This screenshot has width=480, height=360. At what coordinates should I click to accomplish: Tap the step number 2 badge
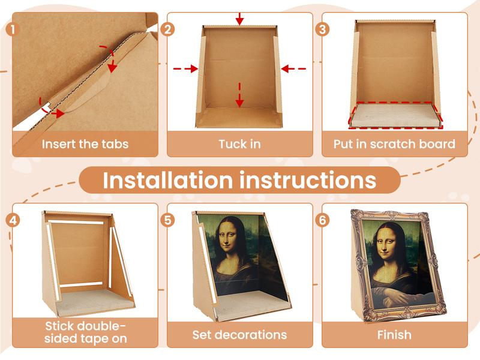pyautogui.click(x=169, y=29)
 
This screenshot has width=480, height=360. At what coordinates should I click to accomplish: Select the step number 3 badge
pyautogui.click(x=323, y=29)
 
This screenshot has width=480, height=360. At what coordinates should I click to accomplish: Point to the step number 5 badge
pyautogui.click(x=169, y=220)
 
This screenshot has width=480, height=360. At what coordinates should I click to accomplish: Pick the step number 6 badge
pyautogui.click(x=323, y=220)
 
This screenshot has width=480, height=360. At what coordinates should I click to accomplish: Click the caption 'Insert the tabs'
pyautogui.click(x=85, y=144)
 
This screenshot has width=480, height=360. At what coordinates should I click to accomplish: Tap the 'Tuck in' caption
pyautogui.click(x=239, y=144)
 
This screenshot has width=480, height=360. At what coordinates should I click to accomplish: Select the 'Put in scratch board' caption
pyautogui.click(x=394, y=144)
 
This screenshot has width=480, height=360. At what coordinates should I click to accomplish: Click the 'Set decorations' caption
pyautogui.click(x=239, y=334)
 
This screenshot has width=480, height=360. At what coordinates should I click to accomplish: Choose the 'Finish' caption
pyautogui.click(x=394, y=334)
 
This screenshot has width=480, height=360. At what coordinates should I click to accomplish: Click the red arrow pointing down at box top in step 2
pyautogui.click(x=240, y=19)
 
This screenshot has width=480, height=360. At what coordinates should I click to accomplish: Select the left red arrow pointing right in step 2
pyautogui.click(x=186, y=69)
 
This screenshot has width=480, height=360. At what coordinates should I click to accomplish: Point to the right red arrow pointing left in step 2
pyautogui.click(x=293, y=69)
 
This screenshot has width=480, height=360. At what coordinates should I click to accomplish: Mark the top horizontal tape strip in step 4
pyautogui.click(x=76, y=223)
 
